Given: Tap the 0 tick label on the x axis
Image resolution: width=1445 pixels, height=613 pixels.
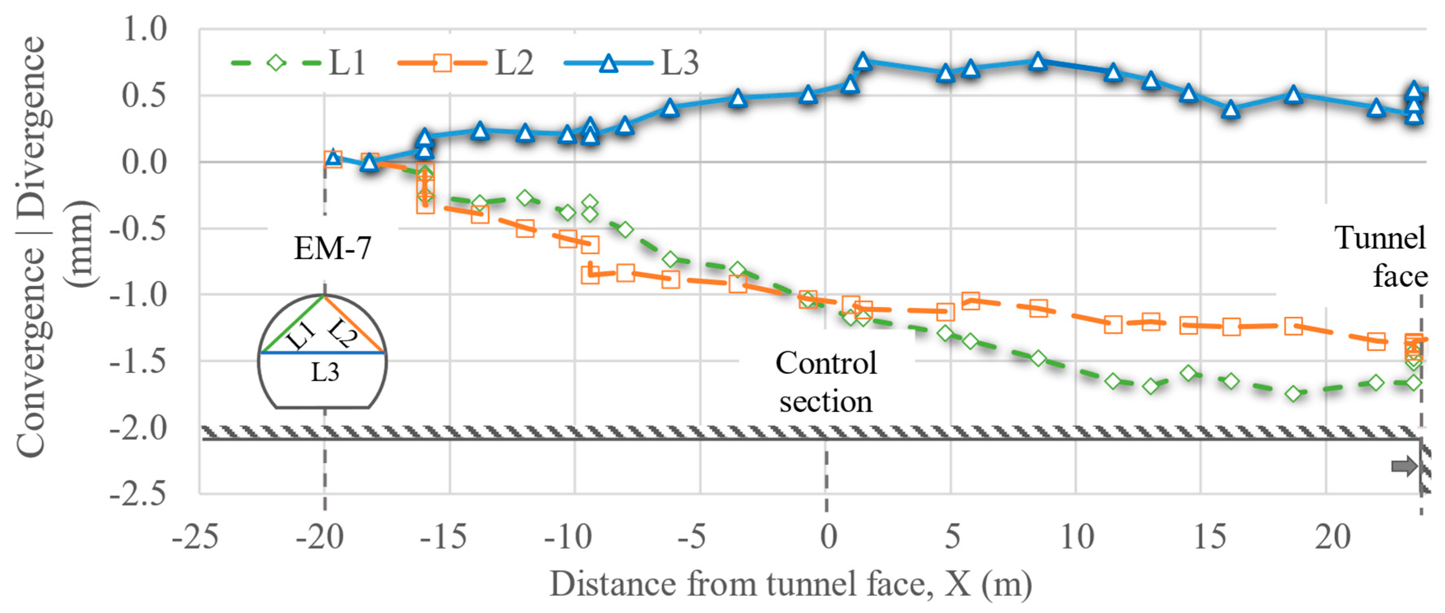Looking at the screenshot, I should tap(828, 537).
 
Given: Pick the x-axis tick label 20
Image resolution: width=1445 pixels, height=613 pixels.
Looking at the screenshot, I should tap(1333, 537).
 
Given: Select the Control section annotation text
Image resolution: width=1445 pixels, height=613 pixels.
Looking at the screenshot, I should tap(826, 381).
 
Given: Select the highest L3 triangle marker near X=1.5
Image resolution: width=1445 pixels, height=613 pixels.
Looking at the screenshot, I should tap(863, 61).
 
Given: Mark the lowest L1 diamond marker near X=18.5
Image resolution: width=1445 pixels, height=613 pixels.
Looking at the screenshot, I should tap(1293, 394).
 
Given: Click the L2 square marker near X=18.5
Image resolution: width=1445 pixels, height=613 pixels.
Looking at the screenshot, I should tap(1293, 326).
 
